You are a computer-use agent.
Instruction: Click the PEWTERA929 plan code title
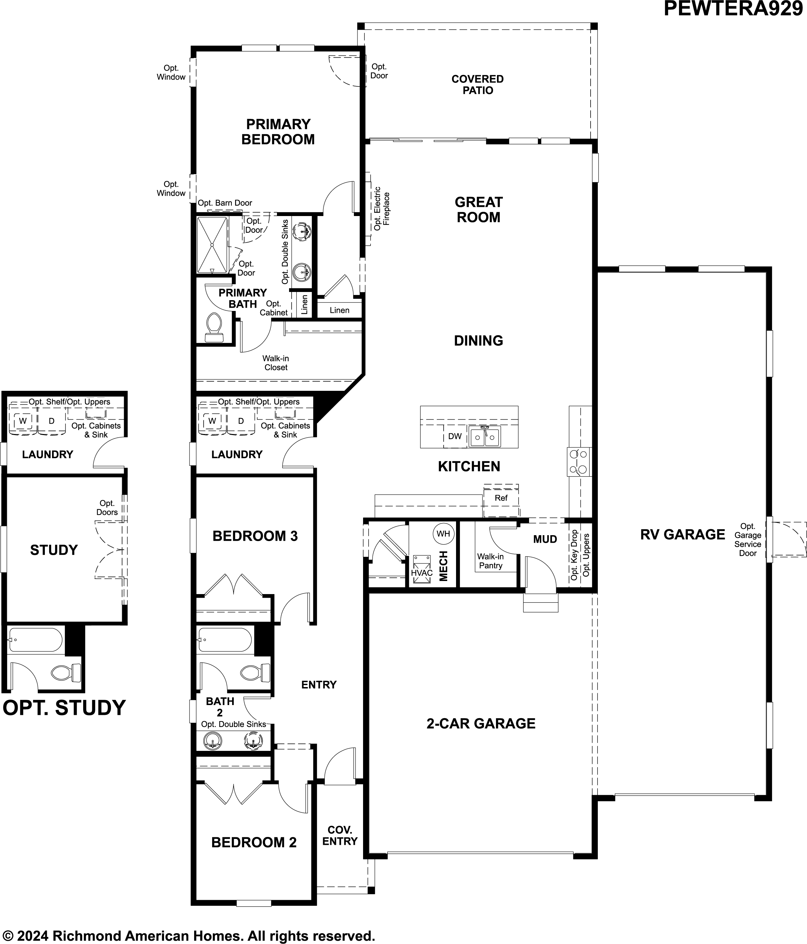point(733,9)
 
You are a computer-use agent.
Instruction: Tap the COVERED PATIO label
point(478,85)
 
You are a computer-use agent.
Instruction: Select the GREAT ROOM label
point(478,209)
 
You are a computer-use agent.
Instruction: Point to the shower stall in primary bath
point(212,245)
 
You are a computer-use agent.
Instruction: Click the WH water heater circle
point(443,534)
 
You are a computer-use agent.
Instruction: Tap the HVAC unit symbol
point(421,570)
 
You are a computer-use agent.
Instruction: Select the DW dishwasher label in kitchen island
point(455,436)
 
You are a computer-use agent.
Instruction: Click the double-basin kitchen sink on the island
point(485,437)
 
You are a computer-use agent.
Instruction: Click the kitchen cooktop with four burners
point(579,462)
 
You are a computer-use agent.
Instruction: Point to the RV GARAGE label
point(682,535)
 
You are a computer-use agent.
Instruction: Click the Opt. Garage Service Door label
point(747,540)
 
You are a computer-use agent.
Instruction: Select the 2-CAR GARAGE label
point(481,723)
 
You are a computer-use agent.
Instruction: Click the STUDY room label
point(54,550)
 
